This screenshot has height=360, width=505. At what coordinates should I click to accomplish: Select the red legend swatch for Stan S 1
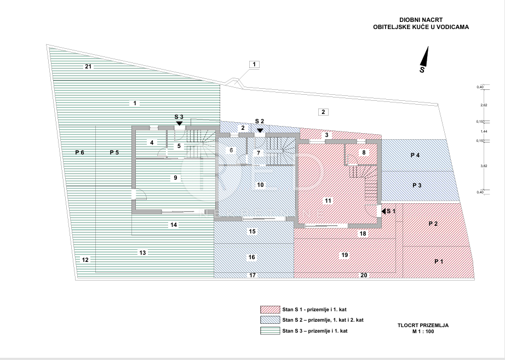pos(269,310)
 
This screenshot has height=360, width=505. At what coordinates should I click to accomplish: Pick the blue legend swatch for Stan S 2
pos(269,320)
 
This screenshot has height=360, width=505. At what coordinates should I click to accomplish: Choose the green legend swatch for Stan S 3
pos(269,330)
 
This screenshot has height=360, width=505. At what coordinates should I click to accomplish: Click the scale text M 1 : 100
pos(423,332)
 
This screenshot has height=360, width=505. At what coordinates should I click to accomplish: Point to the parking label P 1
pos(439,261)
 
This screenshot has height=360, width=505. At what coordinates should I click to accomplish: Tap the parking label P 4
pos(415,156)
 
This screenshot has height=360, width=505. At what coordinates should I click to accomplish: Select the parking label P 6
pos(80,152)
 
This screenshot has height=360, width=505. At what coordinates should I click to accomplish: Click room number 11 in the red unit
pos(328,201)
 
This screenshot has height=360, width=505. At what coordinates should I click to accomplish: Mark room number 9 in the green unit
pos(175,178)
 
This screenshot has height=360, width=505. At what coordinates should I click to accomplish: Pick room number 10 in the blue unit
pos(261,185)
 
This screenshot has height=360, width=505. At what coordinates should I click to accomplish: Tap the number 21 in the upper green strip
pos(88,66)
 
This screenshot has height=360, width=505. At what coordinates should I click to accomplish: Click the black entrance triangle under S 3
pos(179,124)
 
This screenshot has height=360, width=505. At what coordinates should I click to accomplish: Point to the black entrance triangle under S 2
pos(260,130)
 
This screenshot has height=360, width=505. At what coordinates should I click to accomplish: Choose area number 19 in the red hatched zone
pos(345,255)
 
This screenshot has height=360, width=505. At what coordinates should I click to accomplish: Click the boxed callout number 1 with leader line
pos(255,64)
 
